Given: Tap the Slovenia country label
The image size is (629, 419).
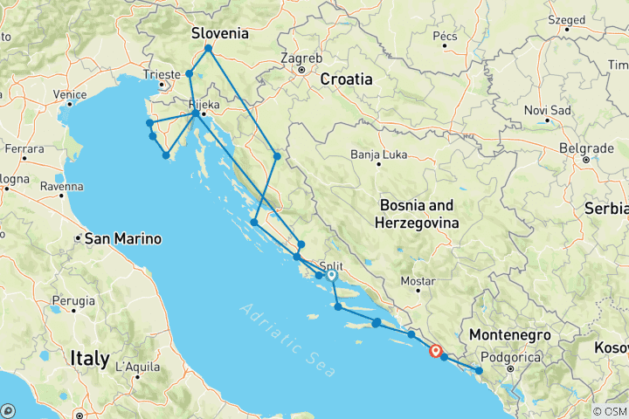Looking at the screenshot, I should [220, 34].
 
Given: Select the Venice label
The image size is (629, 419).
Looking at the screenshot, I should [69, 95].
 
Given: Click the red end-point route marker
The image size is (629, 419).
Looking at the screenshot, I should [436, 351].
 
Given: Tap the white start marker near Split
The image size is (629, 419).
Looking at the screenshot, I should [332, 275].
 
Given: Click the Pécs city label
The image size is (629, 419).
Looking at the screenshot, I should [445, 37].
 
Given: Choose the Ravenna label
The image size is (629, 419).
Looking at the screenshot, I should [61, 186].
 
